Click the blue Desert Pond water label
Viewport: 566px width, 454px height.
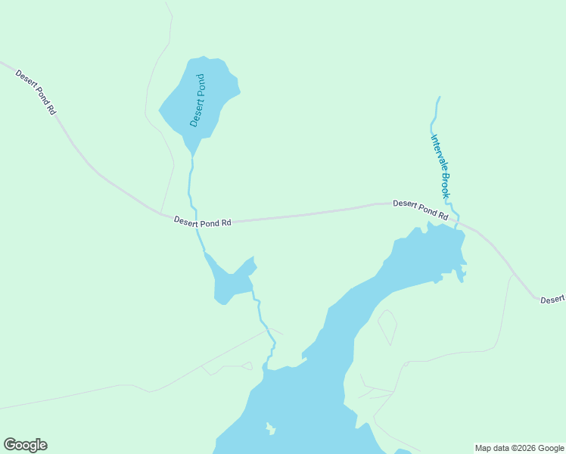click(x=198, y=100)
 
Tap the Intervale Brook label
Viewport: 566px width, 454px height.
click(x=440, y=166)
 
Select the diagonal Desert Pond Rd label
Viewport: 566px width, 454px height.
click(x=36, y=92)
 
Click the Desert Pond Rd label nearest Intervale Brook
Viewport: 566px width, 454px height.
click(x=420, y=210)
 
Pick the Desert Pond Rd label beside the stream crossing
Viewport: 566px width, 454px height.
click(x=202, y=221)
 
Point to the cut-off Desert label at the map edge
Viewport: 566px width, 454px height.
click(x=553, y=300)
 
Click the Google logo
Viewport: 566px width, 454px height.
click(x=25, y=445)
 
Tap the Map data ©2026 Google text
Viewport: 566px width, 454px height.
click(x=519, y=448)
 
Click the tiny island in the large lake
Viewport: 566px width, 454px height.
click(x=270, y=429)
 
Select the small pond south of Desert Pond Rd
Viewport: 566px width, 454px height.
click(x=231, y=280)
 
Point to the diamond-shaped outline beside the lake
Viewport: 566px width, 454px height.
click(x=387, y=326)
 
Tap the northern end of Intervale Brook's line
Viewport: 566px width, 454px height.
click(x=439, y=98)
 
